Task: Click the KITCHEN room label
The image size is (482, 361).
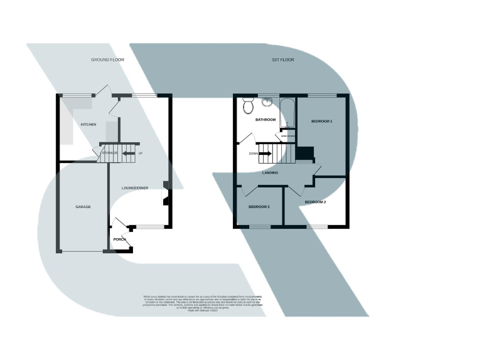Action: tap(88, 125)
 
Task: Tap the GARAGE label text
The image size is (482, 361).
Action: tap(83, 206)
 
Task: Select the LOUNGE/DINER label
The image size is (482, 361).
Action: tap(136, 187)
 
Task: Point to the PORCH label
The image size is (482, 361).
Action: tap(120, 239)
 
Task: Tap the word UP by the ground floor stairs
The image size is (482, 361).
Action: tap(140, 152)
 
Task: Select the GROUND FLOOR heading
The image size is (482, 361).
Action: tap(108, 60)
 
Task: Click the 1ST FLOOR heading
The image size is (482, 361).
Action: tap(282, 60)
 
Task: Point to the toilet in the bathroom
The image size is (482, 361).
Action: tap(247, 105)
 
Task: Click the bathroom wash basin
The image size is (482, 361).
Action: tap(269, 102)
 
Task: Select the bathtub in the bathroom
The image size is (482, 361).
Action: tap(288, 113)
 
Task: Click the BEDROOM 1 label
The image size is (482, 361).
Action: tap(321, 120)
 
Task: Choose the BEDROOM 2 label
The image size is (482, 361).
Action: tap(316, 202)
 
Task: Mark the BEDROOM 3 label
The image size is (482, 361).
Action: tap(259, 206)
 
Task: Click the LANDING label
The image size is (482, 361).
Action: tap(270, 172)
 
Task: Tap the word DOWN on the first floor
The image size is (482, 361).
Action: tap(253, 153)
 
